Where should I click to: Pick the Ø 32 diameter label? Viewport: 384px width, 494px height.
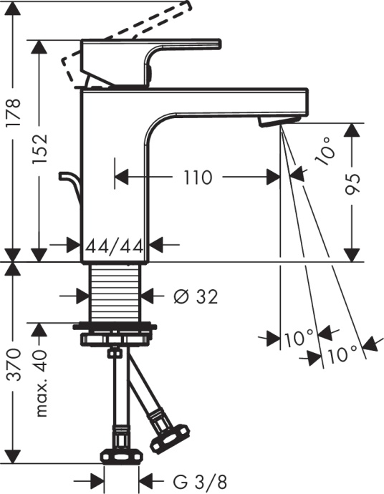pos(195,295)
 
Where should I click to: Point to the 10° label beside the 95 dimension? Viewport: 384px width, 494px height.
pos(319,150)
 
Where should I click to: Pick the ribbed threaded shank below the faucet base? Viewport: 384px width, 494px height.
pos(117,294)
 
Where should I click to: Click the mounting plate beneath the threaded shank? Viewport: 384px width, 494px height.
pos(117,330)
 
